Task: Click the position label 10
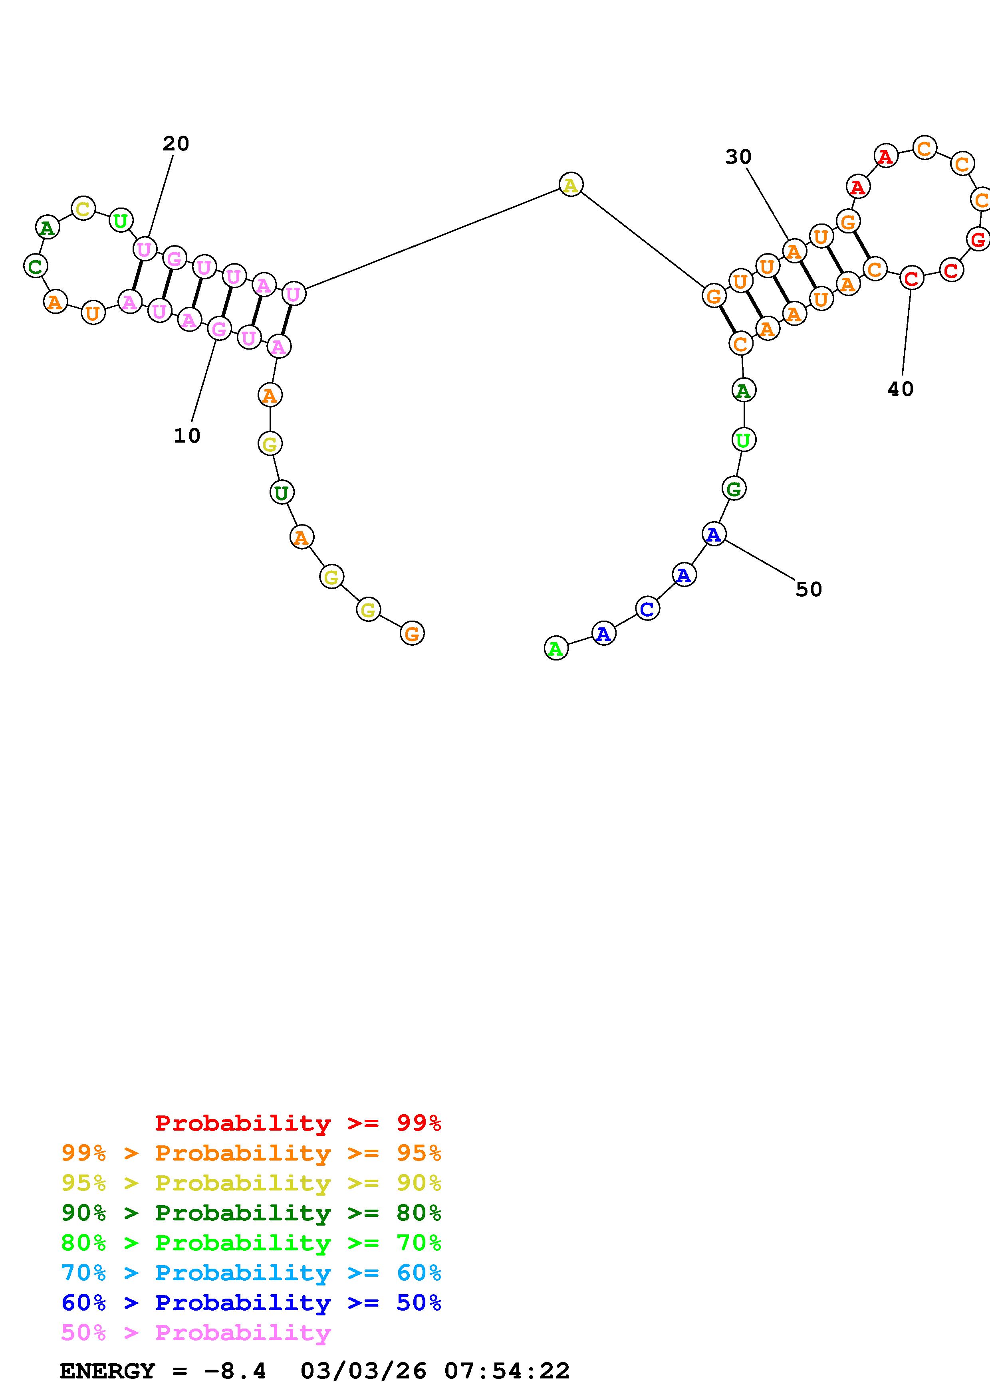186,436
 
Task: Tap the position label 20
176,144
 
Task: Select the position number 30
738,157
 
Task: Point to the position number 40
900,389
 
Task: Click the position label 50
809,589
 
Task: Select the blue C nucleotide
647,609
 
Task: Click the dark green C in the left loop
36,267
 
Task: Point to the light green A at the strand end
556,648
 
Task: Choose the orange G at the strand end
413,633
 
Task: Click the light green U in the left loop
121,220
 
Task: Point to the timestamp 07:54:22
507,1371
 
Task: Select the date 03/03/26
363,1371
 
